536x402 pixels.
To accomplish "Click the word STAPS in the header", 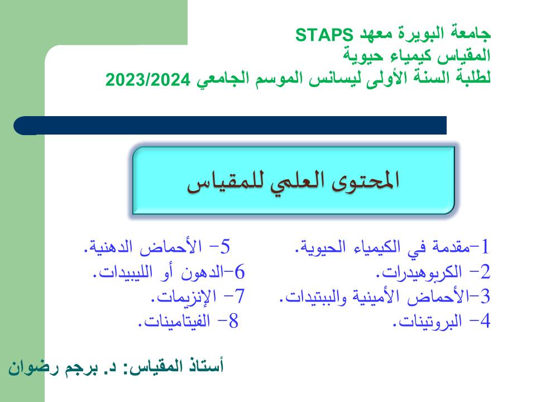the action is click(x=324, y=35).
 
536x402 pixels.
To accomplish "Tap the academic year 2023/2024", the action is click(x=147, y=80).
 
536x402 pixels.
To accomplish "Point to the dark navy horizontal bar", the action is click(x=230, y=126).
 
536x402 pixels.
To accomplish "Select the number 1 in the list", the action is click(x=485, y=247).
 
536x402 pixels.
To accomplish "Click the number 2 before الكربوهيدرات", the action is click(x=485, y=272).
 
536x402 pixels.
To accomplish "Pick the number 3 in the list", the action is click(x=485, y=296).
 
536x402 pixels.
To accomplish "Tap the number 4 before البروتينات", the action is click(x=485, y=321).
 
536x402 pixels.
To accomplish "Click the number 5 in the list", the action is click(x=225, y=247).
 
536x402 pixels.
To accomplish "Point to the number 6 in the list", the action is click(x=240, y=272).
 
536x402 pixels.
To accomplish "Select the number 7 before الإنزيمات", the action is click(x=240, y=296).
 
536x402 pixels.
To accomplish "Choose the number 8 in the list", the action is click(x=233, y=321).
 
